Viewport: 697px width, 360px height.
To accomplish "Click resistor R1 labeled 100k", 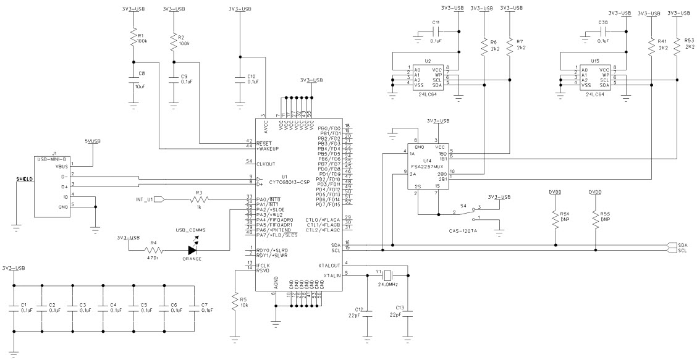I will click(132, 39).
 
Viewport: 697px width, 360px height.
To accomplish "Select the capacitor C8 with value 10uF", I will click(132, 80).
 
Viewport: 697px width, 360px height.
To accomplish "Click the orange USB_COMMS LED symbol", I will click(193, 250).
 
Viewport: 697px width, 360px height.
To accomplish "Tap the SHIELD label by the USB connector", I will click(25, 178).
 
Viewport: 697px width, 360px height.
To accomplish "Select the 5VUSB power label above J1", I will click(93, 141).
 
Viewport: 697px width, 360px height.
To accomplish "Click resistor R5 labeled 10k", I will click(235, 303).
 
